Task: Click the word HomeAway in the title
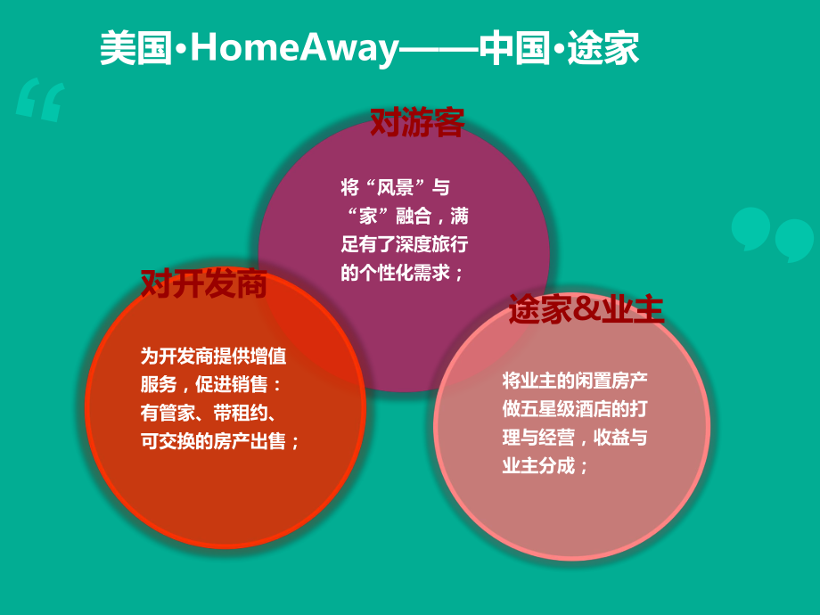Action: pos(293,49)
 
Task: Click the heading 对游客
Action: pos(417,123)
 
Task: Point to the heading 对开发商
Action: pos(204,283)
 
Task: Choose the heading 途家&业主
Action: pos(586,308)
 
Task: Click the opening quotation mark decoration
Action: pos(41,100)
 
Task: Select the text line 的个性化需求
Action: pos(402,273)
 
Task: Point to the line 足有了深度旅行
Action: pos(404,244)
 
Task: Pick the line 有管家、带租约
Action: pos(212,412)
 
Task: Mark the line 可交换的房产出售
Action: pos(220,440)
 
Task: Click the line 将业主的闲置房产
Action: pos(575,380)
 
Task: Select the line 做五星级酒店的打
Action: pos(575,408)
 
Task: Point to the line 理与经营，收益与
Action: pos(575,437)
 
